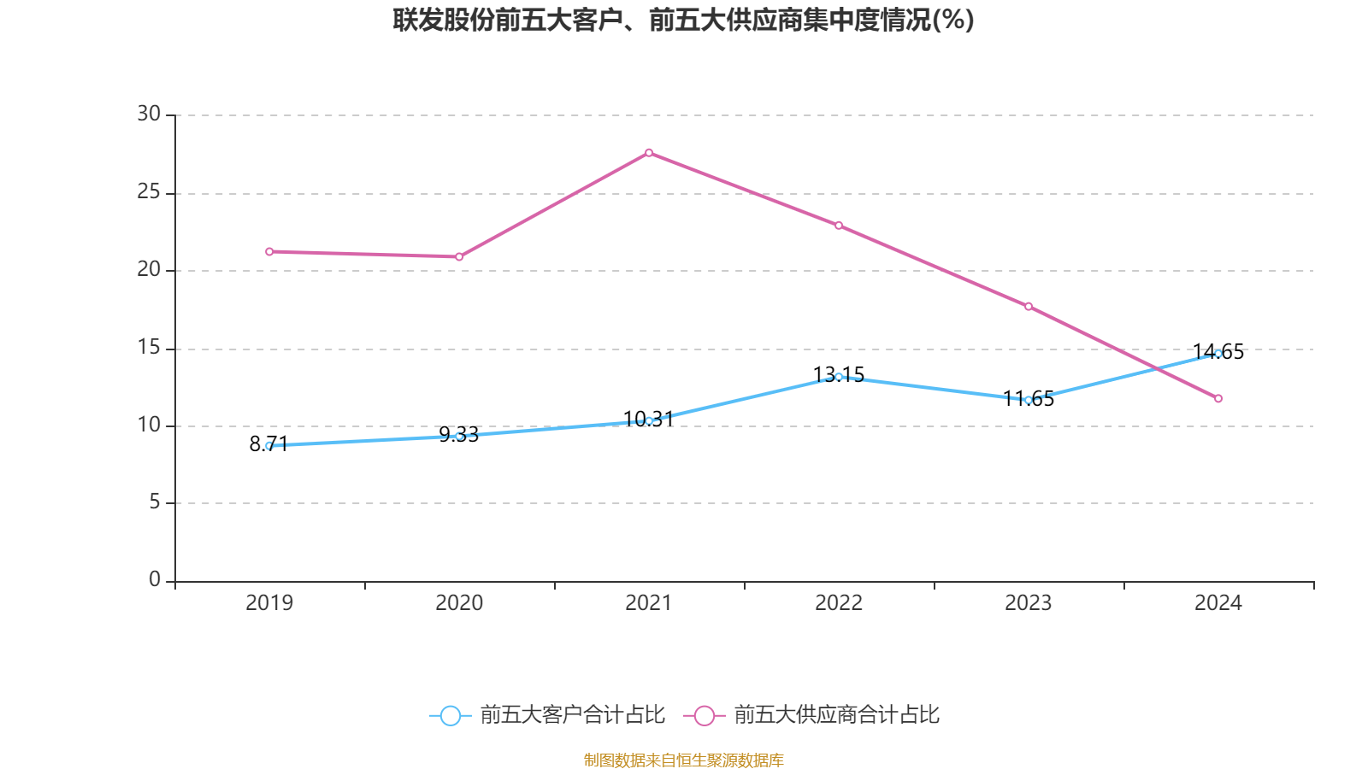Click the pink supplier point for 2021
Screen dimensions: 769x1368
point(649,153)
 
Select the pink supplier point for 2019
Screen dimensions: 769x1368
point(269,251)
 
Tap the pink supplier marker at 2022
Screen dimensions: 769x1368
point(839,226)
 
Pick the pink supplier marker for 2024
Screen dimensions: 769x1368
point(1218,398)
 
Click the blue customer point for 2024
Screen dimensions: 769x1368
point(1218,353)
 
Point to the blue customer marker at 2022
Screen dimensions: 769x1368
point(839,377)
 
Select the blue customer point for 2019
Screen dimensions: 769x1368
point(269,445)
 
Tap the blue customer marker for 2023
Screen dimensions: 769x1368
point(1029,399)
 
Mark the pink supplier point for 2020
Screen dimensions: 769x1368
point(459,256)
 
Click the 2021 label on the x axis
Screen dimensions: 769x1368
point(649,603)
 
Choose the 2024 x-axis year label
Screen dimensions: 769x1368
point(1218,603)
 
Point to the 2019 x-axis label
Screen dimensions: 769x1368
point(269,603)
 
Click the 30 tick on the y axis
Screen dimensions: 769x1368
point(149,114)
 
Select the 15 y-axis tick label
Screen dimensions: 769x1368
point(149,348)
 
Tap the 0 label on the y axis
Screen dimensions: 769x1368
point(155,580)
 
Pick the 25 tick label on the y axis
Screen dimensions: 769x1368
point(149,192)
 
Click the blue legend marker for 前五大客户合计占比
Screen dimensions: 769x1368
point(450,715)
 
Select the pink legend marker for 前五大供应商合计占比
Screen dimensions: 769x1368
point(704,715)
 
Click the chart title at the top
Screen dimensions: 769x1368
point(683,20)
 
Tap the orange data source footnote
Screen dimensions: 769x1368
point(683,760)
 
